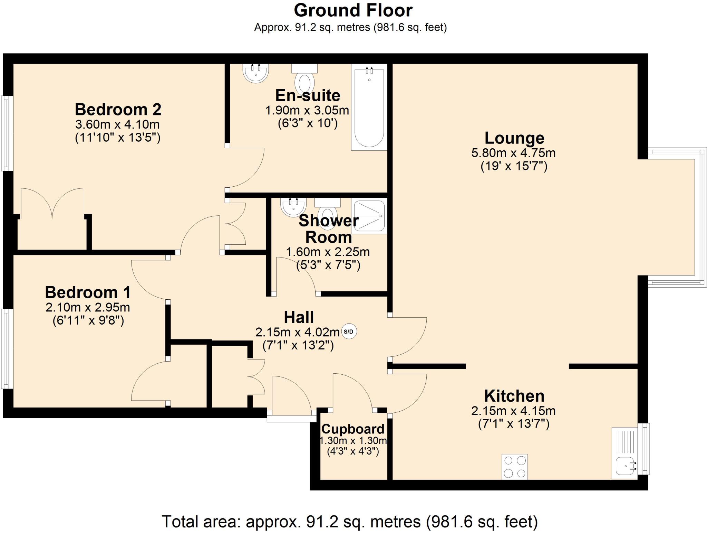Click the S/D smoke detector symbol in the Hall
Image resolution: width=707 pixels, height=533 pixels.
coord(349,332)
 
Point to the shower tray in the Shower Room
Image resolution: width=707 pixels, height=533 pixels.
coord(369,216)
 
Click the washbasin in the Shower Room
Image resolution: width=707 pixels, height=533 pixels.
coord(293,207)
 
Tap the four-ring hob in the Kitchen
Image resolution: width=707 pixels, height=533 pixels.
coord(514,467)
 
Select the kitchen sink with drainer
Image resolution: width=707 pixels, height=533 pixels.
coord(624,453)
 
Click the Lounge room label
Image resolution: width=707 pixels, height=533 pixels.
coord(514,138)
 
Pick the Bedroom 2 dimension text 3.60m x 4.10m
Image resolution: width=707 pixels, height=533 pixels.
coord(117,124)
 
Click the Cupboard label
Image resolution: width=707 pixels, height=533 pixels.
coord(353,429)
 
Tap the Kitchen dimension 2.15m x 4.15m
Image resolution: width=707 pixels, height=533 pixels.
coord(513,411)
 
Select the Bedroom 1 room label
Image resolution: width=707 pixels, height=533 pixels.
coord(88,292)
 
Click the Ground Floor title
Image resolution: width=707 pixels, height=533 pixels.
coord(353,10)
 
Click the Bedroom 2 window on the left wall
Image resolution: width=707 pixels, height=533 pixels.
coord(7,133)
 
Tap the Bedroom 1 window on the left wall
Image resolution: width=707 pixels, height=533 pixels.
coord(7,349)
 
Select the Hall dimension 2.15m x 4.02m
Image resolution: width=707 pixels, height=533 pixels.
coord(297,332)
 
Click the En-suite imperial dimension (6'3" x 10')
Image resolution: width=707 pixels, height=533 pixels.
coord(308,123)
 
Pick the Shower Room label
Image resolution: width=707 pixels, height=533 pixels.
coord(329,229)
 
